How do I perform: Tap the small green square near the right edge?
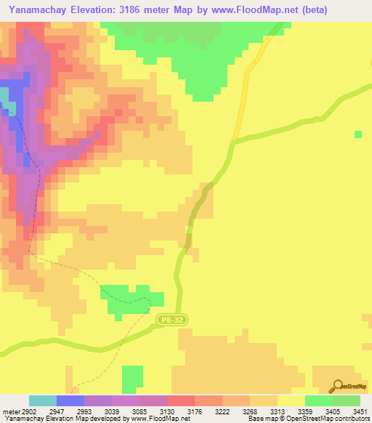357,134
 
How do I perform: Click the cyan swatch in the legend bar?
43,400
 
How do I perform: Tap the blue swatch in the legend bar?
70,400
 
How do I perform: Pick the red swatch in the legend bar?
181,400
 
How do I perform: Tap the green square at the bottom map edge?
132,379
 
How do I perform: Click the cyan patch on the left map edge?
4,97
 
